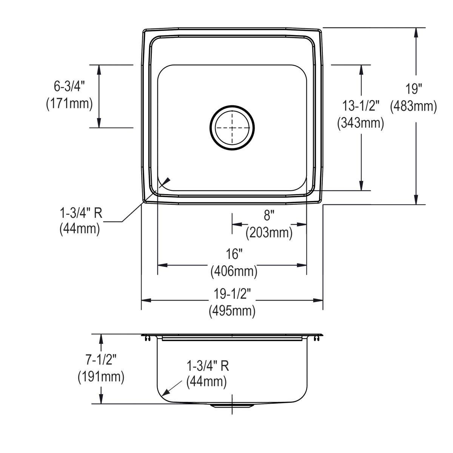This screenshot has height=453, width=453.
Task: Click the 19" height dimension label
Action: [414, 89]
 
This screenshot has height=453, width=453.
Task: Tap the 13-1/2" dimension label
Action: [361, 106]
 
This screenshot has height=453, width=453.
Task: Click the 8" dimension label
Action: [268, 216]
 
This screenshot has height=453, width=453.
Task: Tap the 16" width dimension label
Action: [234, 254]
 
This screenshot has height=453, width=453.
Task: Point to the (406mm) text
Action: [234, 271]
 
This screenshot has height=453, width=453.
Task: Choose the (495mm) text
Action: [232, 311]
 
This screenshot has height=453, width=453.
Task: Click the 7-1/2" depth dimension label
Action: [100, 360]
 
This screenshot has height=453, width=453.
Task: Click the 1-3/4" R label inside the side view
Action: [208, 365]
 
